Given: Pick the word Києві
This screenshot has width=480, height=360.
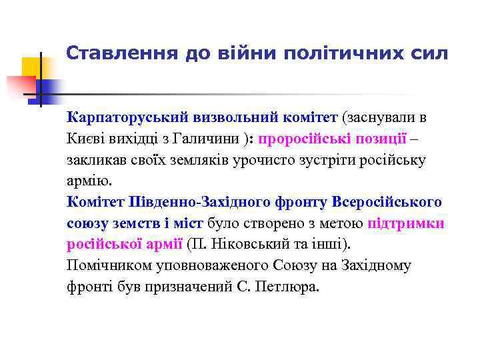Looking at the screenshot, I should coord(85,139).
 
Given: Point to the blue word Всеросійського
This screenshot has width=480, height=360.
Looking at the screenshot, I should coord(387,202).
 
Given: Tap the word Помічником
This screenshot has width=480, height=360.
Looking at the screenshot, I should coord(105,265).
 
